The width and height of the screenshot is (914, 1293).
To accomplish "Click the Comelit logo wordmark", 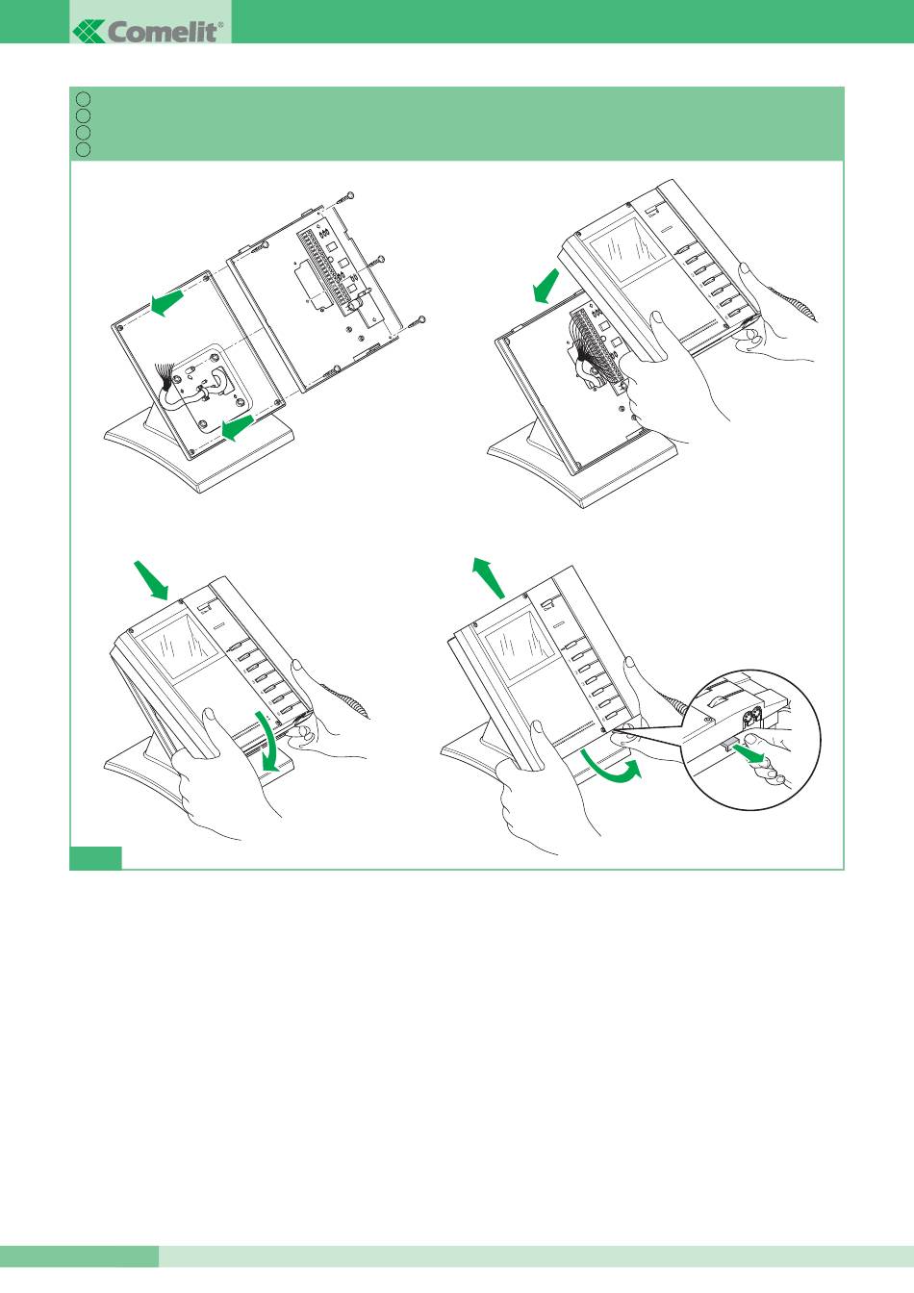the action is (147, 31).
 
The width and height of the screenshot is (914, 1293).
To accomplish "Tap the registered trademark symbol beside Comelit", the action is (220, 25).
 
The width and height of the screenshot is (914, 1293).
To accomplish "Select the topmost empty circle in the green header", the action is (83, 99).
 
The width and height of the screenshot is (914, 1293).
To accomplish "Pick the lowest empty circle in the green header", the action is (83, 149).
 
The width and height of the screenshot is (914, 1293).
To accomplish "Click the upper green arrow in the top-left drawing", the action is (166, 302).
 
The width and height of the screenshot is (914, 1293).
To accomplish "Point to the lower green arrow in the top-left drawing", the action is (238, 427).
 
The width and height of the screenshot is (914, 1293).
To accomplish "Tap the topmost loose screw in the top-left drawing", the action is (344, 197).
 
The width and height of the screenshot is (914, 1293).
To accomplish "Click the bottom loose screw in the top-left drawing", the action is (416, 323).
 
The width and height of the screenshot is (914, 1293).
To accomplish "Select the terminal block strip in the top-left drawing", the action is (326, 271).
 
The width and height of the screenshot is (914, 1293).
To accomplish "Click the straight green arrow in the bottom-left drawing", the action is (151, 579).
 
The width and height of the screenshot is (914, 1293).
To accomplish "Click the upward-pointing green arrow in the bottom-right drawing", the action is (489, 577).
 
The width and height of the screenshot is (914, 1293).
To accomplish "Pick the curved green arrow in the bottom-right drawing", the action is (612, 772).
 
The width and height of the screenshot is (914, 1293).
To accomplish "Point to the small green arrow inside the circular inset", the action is (749, 752).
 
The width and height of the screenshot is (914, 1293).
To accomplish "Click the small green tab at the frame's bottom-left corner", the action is (95, 858).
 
